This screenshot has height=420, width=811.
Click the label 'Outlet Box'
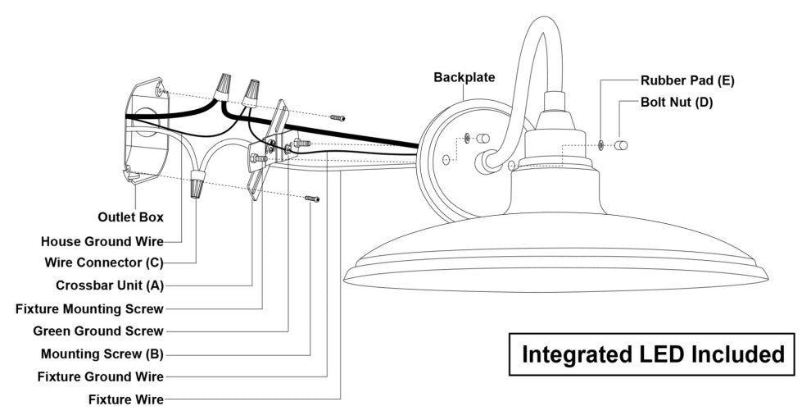coord(131,217)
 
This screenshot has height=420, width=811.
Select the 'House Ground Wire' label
coord(102,241)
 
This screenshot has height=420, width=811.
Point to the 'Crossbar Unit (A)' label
coord(110,285)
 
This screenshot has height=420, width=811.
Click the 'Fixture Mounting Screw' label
coord(89,308)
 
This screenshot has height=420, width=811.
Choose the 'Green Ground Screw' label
coord(98,331)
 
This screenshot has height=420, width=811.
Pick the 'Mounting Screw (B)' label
coord(102,354)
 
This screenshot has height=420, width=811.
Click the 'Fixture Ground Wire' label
coord(101,377)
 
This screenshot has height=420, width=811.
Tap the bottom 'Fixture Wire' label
coord(126,399)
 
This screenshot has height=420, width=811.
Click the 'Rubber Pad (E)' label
coord(687,80)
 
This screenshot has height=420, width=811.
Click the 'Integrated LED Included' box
coord(653,354)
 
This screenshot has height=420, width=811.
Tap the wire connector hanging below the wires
coord(197,186)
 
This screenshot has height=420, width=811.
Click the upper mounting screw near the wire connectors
coord(338,117)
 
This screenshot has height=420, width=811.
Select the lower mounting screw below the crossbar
coord(312,198)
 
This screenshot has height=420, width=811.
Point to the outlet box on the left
coord(145,131)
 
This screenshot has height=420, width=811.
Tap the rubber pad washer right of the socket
coord(602,145)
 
